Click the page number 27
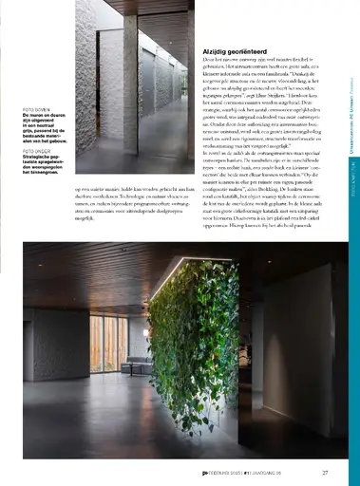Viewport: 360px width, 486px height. point(325,473)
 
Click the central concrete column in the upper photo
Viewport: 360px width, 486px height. point(129,85)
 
